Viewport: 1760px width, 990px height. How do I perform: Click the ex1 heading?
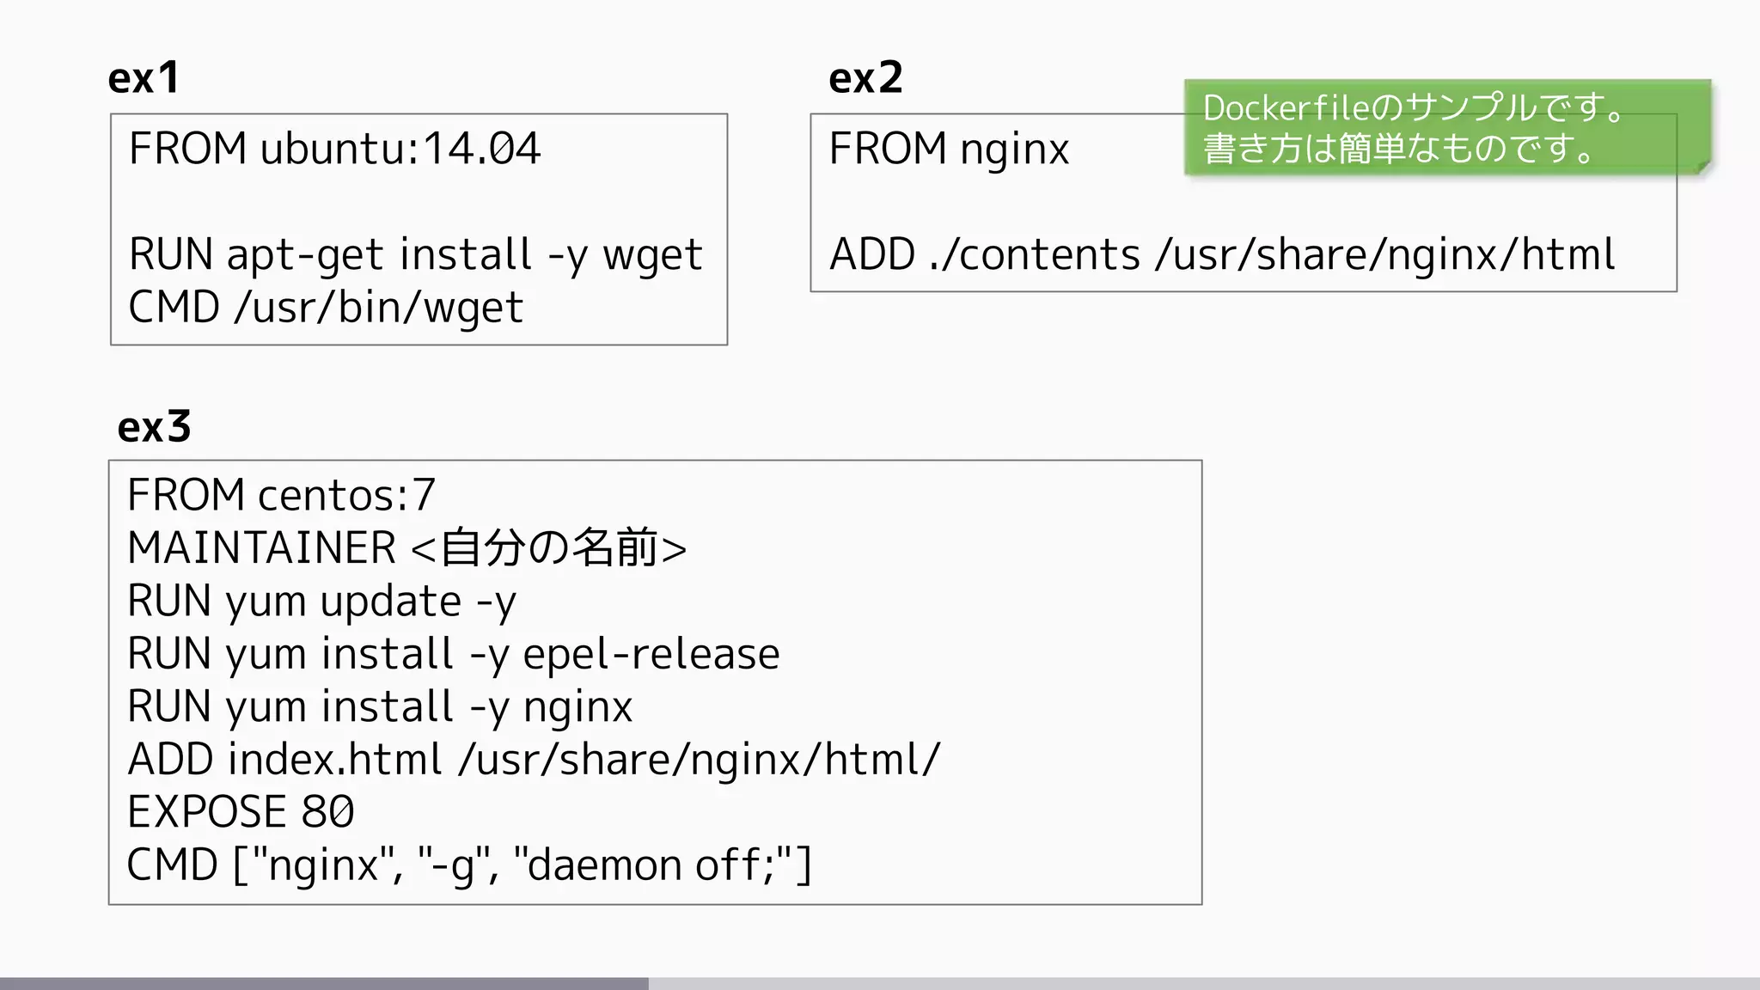tap(144, 78)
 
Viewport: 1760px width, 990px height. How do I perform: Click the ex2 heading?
tap(865, 78)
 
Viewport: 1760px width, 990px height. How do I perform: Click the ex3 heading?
tap(154, 427)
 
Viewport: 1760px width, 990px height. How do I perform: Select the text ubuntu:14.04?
tap(400, 149)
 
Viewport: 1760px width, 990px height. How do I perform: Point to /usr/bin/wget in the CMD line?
tap(378, 309)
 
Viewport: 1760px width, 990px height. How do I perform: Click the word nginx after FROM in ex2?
tap(1014, 150)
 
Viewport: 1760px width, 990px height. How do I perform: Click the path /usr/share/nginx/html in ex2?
tap(1385, 255)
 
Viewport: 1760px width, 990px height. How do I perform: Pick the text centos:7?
tap(346, 495)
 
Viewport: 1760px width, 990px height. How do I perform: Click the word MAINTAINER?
tap(261, 548)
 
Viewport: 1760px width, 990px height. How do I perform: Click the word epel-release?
tap(651, 654)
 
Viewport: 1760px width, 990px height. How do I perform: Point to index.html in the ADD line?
tap(334, 760)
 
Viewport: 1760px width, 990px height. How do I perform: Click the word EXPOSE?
tap(206, 812)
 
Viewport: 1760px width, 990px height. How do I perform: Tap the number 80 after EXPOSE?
tap(327, 812)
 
